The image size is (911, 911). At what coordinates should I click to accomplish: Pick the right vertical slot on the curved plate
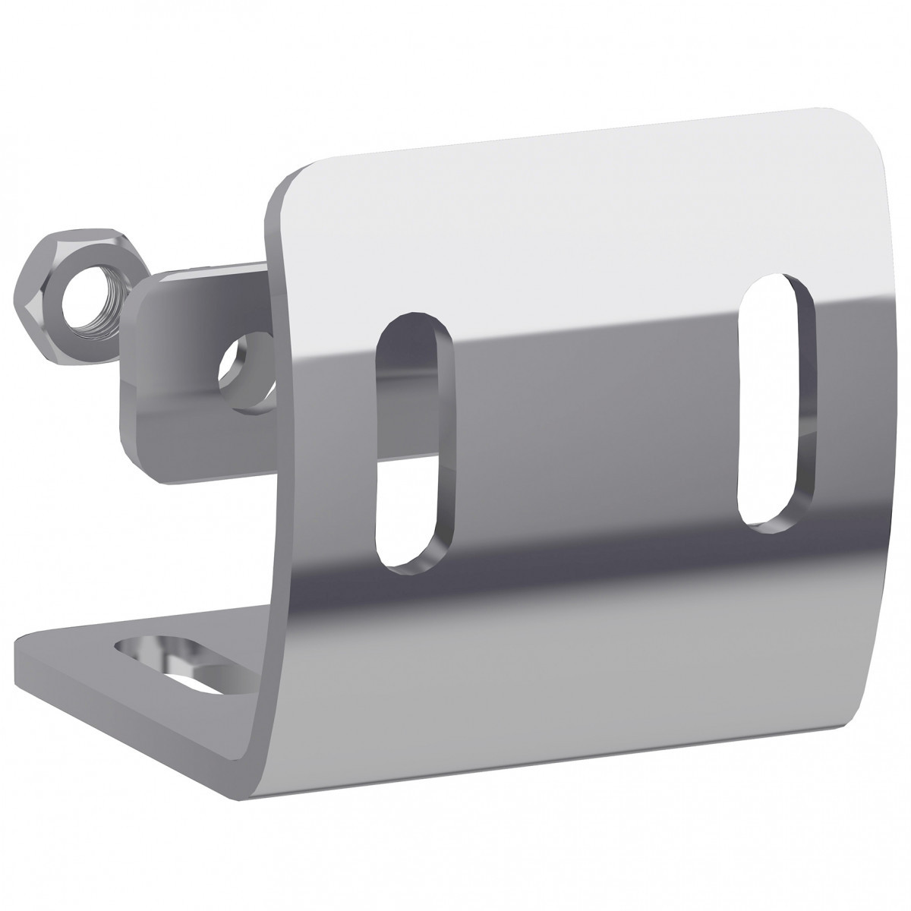776,402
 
